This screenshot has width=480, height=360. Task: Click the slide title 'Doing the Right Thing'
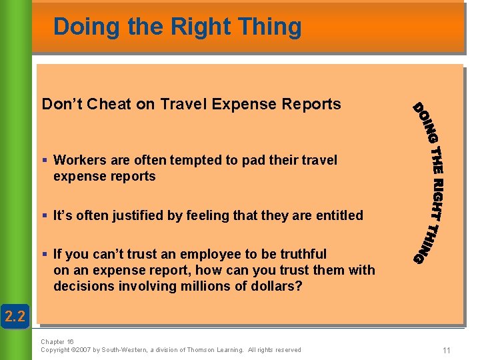pyautogui.click(x=177, y=27)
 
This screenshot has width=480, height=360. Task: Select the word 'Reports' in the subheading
pyautogui.click(x=313, y=105)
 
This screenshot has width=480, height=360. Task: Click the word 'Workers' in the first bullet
pyautogui.click(x=79, y=160)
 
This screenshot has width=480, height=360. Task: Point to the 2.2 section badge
pyautogui.click(x=15, y=316)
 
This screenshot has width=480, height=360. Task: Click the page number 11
pyautogui.click(x=446, y=350)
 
